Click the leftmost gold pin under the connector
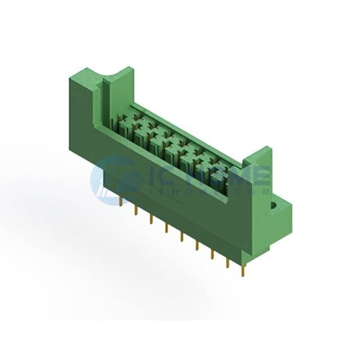click(x=121, y=202)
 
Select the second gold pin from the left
click(x=136, y=211)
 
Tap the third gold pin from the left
click(x=151, y=219)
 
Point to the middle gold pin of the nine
click(x=182, y=236)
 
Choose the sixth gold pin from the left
click(x=197, y=245)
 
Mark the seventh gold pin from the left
click(x=212, y=254)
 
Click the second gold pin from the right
click(x=227, y=263)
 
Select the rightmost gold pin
click(x=242, y=272)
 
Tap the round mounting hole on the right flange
click(x=274, y=205)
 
